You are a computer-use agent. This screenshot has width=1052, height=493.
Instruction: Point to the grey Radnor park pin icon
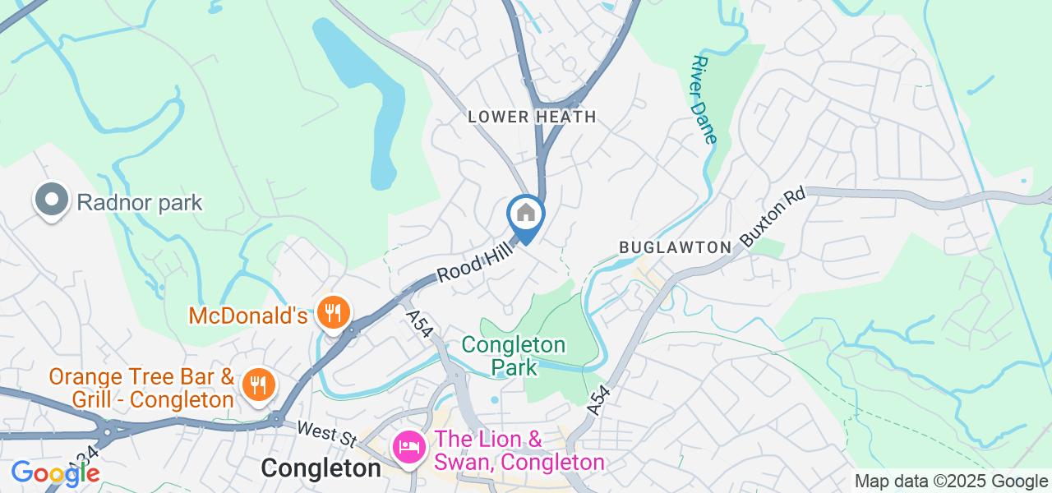coord(51,200)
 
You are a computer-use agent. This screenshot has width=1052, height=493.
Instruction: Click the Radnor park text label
coord(140,202)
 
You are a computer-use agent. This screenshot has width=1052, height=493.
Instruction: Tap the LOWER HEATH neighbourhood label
coord(532,117)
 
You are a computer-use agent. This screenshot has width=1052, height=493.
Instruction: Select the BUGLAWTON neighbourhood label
coord(675,246)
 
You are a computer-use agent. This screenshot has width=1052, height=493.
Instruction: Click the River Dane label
coord(705,99)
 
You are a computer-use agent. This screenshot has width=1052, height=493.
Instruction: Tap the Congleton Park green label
coord(514,355)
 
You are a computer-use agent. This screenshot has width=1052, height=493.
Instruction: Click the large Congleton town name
coord(321,468)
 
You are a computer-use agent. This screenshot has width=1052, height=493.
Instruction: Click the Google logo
coord(54,472)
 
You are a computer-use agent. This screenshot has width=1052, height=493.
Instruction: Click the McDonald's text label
coord(247,315)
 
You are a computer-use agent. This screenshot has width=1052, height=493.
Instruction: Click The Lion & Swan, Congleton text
coord(519,451)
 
